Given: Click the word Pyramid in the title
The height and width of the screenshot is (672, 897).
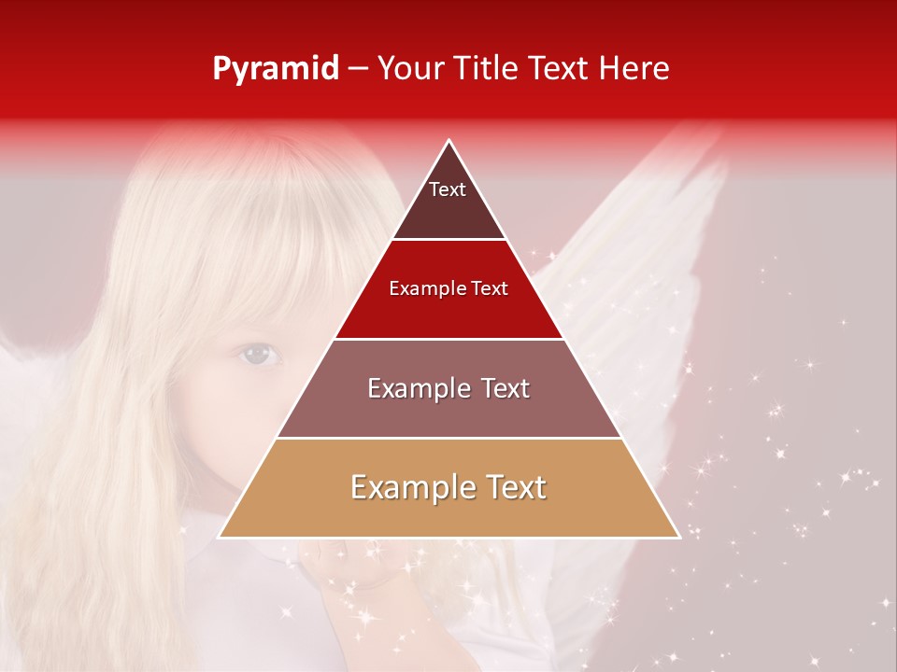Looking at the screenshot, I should [276, 69].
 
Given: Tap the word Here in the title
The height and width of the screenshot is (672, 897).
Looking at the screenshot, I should [635, 69].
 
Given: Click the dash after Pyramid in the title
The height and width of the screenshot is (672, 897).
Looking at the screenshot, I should [358, 69].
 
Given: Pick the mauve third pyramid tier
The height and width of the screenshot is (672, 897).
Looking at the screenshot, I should [448, 411].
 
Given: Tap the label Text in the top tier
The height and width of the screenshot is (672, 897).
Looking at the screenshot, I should [448, 189].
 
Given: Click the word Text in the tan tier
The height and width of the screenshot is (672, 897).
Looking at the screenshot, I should [515, 487].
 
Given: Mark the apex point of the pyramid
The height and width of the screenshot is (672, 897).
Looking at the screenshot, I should [449, 141].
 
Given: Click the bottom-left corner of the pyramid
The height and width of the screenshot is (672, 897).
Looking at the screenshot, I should [220, 537].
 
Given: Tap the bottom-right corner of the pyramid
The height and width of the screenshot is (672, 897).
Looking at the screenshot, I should [679, 537].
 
